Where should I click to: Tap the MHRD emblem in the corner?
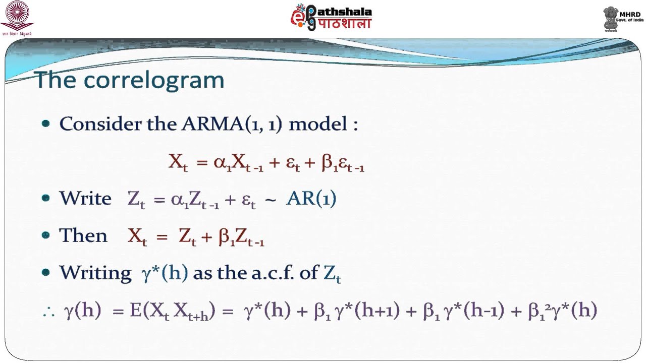pos(612,19)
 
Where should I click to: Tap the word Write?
pos(85,199)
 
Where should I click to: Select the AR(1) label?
pos(311,199)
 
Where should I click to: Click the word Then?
pos(83,235)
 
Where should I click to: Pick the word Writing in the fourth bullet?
pos(95,273)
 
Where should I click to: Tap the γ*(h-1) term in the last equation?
pos(472,311)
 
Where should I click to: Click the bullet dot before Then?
pos(46,235)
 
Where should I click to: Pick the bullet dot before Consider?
pos(46,124)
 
